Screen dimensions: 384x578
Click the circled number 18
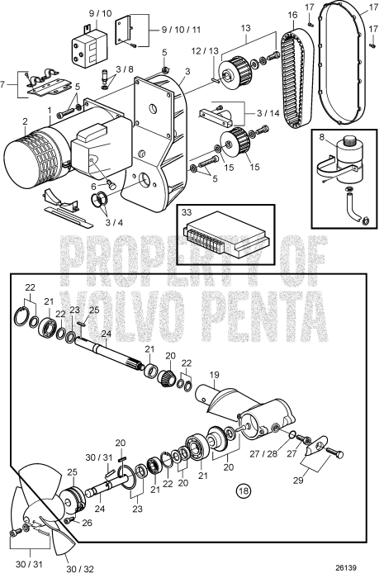coord(244,490)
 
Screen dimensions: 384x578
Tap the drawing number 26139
coord(346,568)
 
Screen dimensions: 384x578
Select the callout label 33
coord(187,213)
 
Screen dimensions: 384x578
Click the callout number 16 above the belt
coord(292,15)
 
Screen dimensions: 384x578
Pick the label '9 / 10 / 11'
coord(182,30)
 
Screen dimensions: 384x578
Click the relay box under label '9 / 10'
coord(89,47)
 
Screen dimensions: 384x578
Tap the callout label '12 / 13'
coord(205,51)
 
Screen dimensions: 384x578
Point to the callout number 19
coord(214,375)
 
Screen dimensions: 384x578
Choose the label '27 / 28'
coord(263,454)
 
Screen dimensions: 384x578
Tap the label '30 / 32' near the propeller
coord(80,570)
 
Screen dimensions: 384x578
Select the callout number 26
coord(87,523)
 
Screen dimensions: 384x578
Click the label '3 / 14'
coord(268,113)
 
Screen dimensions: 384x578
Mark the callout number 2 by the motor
coord(25,121)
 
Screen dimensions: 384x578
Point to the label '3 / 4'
coord(114,223)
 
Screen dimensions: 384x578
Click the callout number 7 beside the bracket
coord(3,85)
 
